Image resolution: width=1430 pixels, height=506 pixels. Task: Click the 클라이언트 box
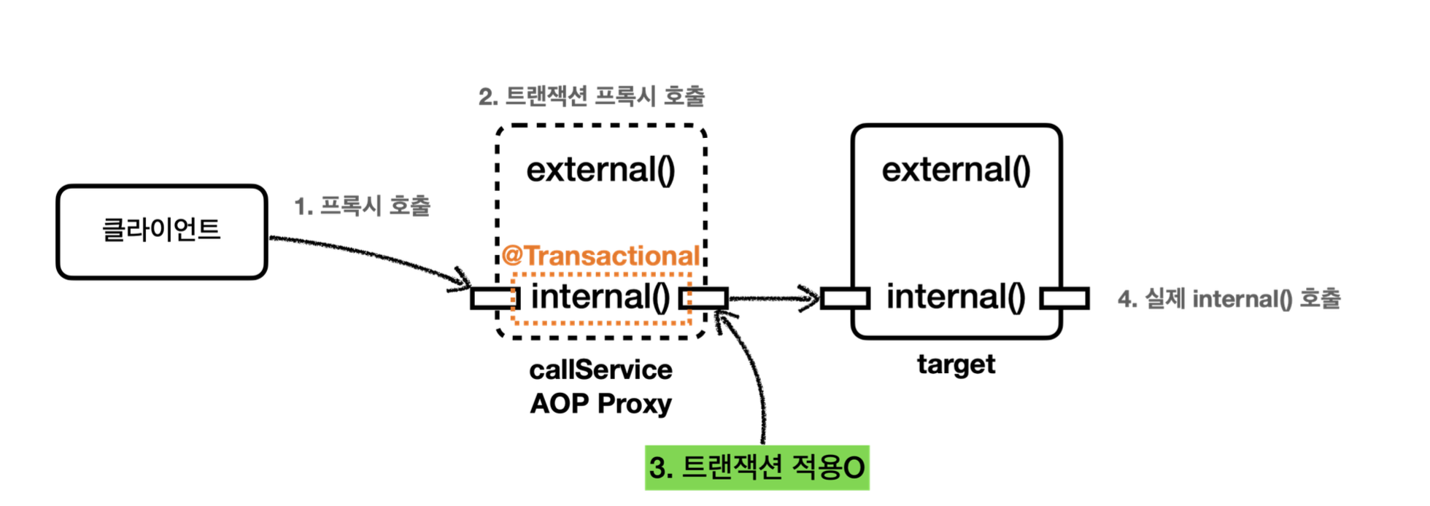pos(161,231)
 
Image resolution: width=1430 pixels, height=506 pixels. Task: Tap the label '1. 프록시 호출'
pos(362,206)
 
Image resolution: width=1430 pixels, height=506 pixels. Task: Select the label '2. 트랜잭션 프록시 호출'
pos(592,96)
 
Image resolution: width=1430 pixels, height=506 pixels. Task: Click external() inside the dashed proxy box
pos(600,170)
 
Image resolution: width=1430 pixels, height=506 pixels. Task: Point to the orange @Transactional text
pos(600,256)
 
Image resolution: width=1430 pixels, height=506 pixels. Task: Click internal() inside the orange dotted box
pos(600,297)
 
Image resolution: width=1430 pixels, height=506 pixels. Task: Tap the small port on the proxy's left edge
pos(494,298)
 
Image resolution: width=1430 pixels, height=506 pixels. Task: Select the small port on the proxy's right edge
pos(703,298)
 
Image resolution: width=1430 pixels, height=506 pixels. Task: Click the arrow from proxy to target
pos(773,298)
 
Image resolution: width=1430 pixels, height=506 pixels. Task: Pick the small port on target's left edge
pos(844,298)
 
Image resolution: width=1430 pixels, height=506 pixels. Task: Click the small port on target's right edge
pos(1064,298)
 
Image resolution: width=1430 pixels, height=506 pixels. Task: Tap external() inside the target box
pos(956,170)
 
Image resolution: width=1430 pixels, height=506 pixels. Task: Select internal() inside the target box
pos(956,297)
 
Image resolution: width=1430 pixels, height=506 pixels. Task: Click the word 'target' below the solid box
pos(956,364)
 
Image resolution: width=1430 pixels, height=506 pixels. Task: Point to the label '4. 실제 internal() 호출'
pos(1229,298)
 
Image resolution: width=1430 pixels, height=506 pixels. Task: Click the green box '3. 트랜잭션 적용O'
pos(757,467)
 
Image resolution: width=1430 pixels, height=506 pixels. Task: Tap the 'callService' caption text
pos(600,370)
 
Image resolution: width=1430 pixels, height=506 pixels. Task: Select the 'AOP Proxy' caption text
pos(600,403)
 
